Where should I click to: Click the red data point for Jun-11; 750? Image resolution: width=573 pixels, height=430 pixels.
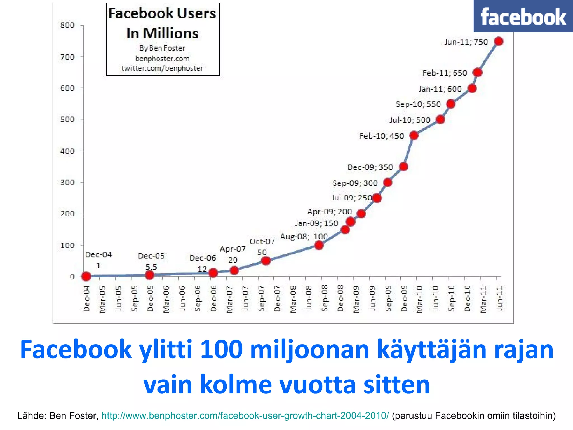click(499, 41)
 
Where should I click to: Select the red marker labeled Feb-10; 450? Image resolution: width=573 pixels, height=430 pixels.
click(414, 136)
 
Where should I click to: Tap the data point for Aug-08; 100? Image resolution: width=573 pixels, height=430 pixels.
click(319, 245)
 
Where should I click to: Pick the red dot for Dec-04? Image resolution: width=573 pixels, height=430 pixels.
click(86, 277)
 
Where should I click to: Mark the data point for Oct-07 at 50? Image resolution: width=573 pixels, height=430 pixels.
click(266, 261)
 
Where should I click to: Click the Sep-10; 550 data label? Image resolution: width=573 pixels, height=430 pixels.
click(418, 104)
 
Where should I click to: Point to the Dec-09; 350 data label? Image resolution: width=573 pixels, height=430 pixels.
click(370, 167)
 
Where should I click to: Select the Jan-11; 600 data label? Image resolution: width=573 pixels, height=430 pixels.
click(440, 89)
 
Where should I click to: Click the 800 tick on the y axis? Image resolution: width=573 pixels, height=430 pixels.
click(67, 25)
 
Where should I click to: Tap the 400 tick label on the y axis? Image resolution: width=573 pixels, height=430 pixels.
click(67, 151)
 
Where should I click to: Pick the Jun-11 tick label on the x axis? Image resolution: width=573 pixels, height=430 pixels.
click(499, 298)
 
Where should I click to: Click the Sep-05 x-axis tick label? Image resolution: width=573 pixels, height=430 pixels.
click(135, 298)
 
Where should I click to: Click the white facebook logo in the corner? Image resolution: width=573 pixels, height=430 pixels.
click(523, 17)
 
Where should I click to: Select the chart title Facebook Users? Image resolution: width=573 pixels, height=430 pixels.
click(162, 13)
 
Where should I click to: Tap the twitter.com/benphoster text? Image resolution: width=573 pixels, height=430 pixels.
click(162, 68)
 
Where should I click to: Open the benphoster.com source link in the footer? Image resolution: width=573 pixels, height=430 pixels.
click(245, 415)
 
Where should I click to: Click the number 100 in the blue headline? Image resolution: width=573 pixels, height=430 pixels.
click(221, 350)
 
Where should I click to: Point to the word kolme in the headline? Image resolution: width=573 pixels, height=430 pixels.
click(236, 385)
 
